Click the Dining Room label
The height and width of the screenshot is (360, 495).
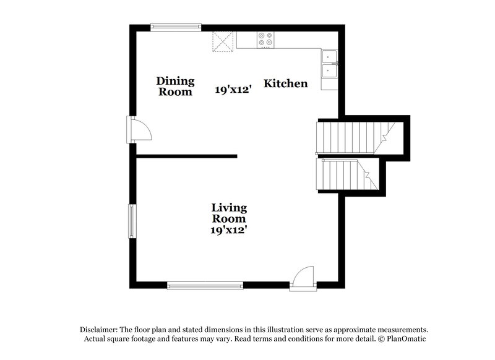click(175, 87)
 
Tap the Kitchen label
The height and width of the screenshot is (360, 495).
click(286, 84)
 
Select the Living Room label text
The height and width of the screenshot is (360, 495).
click(229, 213)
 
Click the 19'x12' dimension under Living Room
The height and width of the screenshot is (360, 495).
click(229, 230)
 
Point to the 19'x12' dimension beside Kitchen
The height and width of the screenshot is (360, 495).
click(232, 90)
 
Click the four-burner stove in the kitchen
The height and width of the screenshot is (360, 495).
click(267, 40)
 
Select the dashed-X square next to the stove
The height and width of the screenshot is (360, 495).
click(223, 41)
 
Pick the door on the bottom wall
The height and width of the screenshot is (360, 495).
click(303, 278)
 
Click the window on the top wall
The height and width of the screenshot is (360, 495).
click(176, 27)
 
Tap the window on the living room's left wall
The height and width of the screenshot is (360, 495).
click(132, 220)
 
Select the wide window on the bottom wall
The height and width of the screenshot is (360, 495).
click(205, 286)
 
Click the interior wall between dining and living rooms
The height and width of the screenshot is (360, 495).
click(186, 156)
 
